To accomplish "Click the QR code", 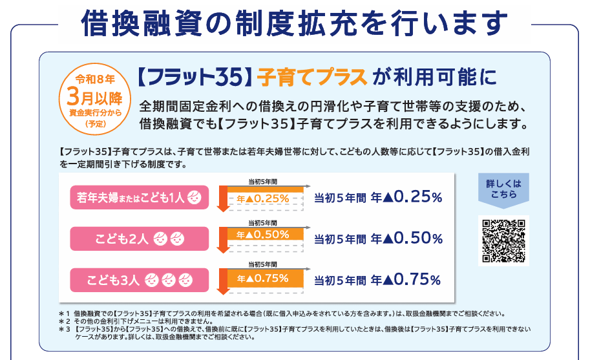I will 503,240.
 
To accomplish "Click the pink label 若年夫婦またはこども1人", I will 140,198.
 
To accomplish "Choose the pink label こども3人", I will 140,280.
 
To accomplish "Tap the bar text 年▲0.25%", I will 263,198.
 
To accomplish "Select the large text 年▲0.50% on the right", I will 406,238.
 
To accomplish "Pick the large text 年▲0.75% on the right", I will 406,279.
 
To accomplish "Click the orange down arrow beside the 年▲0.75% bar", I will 222,281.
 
